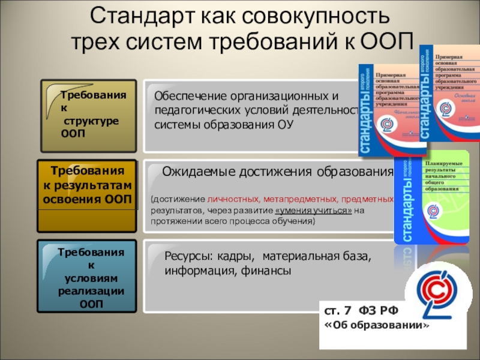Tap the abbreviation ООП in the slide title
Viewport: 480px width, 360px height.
point(388,43)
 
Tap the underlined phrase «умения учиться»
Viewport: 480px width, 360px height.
point(313,211)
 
